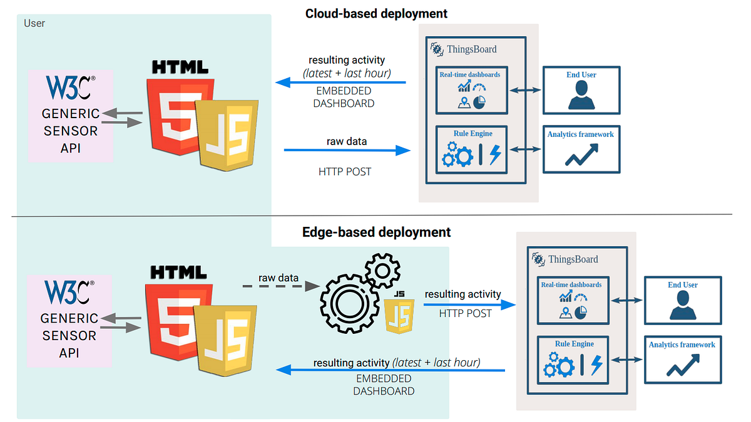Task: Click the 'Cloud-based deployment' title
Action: [376, 14]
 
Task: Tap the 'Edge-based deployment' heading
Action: [376, 232]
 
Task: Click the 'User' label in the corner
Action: [34, 23]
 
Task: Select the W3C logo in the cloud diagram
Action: [71, 87]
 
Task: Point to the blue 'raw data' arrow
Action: [347, 151]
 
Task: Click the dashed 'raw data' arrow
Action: [281, 286]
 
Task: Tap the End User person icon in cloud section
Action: [581, 96]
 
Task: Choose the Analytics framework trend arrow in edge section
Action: [683, 365]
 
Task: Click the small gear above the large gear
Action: [382, 271]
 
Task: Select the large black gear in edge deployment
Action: [350, 304]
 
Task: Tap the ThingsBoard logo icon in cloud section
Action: [437, 49]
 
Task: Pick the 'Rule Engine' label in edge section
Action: [575, 344]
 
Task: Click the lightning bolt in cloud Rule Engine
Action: [495, 154]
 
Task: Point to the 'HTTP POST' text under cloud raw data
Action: [345, 172]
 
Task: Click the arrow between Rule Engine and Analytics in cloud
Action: [525, 149]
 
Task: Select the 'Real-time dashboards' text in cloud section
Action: [470, 74]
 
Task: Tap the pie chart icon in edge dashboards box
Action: [580, 313]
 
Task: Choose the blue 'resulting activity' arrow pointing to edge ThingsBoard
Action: [470, 305]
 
